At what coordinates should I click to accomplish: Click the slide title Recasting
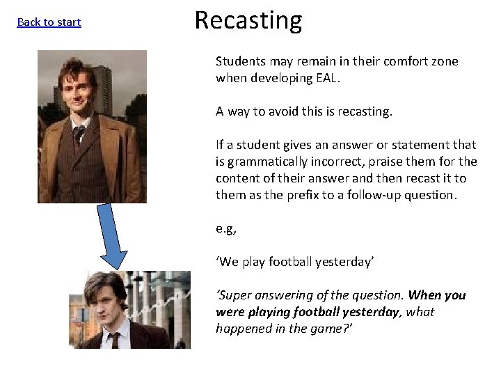pyautogui.click(x=248, y=21)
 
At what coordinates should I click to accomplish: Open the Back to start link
pyautogui.click(x=49, y=22)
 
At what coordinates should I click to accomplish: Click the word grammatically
pyautogui.click(x=264, y=162)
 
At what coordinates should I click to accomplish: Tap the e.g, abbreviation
pyautogui.click(x=226, y=228)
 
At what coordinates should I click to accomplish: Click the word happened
pyautogui.click(x=241, y=329)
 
